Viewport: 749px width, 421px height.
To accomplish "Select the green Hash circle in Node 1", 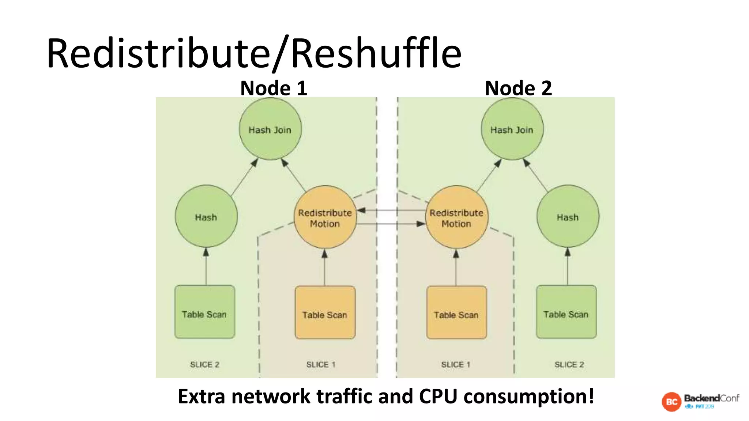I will [206, 216].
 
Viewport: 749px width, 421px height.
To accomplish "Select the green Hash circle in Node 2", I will [568, 216].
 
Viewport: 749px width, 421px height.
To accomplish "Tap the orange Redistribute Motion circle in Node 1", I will [325, 217].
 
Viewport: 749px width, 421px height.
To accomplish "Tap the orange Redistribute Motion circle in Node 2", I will [456, 217].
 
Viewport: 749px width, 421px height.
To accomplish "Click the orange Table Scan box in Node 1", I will [325, 312].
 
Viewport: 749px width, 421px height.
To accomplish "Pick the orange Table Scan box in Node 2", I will [456, 312].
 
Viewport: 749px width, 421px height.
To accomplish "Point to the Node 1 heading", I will [274, 88].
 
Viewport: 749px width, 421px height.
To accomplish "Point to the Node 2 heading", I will [518, 88].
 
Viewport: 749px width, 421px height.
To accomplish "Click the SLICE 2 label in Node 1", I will [204, 364].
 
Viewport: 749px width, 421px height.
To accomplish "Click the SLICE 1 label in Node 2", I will [455, 364].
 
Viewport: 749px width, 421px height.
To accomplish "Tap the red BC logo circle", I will [671, 402].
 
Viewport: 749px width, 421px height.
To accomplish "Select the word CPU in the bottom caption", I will [438, 396].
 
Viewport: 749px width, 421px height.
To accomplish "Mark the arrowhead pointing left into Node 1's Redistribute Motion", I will [361, 210].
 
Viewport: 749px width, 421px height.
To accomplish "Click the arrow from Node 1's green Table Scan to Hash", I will [206, 267].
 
